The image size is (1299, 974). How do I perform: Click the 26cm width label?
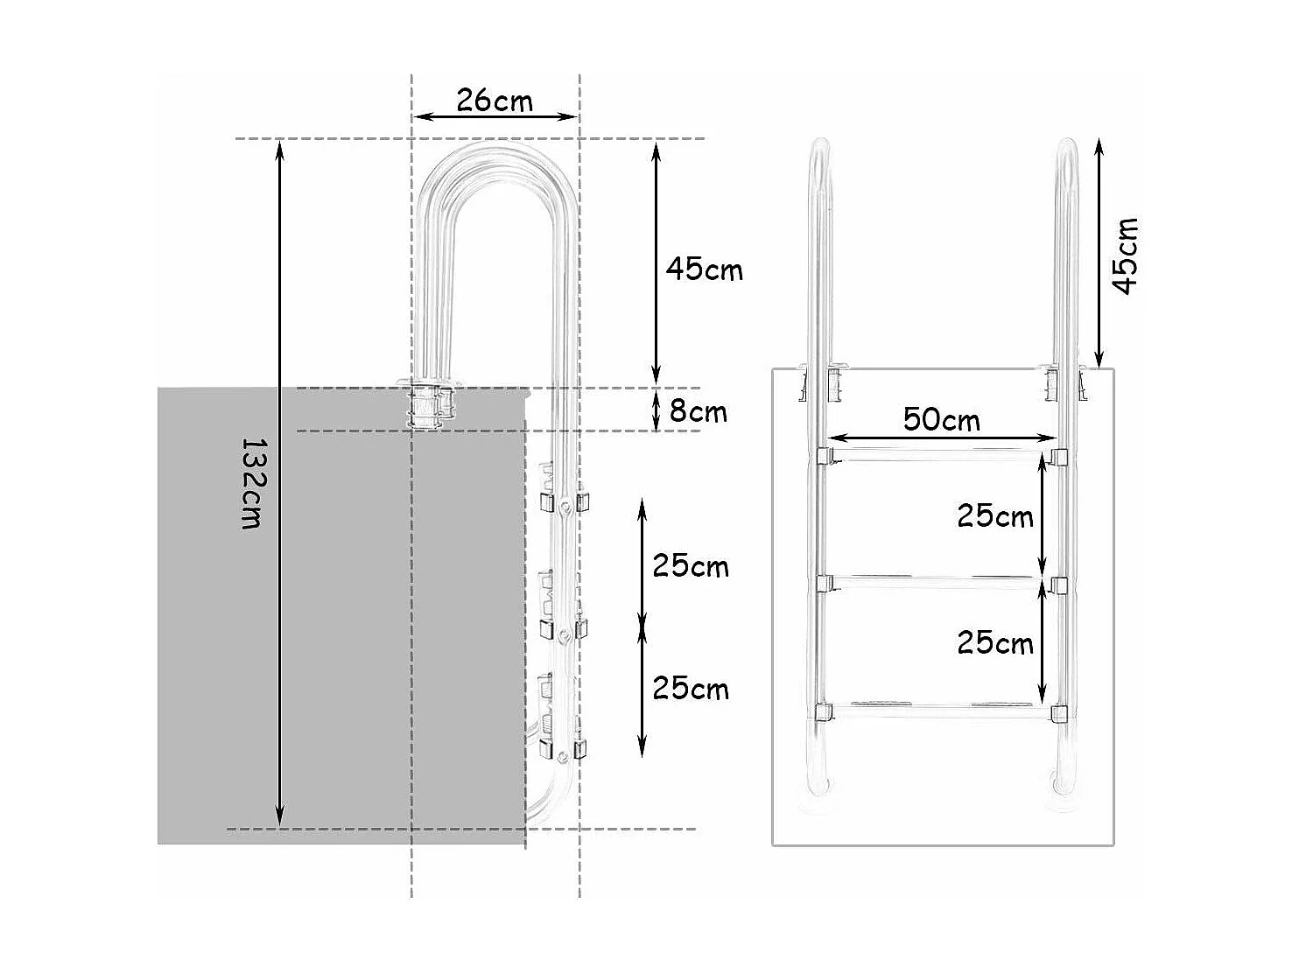point(495,101)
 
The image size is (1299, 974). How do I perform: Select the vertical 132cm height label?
point(251,483)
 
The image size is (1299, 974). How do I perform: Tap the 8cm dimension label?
point(698,410)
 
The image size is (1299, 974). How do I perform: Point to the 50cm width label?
point(942,419)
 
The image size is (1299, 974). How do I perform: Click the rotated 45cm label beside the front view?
point(1125,256)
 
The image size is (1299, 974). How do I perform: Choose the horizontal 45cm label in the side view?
point(704,269)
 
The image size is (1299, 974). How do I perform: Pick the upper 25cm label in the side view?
point(690,566)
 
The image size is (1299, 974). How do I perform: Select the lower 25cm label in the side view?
point(690,689)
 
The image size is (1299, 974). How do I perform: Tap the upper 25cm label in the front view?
point(994,516)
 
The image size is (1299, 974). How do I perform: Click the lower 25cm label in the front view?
point(994,643)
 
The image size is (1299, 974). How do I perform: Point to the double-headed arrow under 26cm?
point(495,116)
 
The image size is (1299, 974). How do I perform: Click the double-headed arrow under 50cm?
point(943,438)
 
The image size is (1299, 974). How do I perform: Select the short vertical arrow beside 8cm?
point(657,410)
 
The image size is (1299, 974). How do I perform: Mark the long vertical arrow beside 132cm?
point(280,483)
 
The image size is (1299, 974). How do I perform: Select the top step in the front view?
point(941,454)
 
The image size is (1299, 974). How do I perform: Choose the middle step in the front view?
point(941,580)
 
